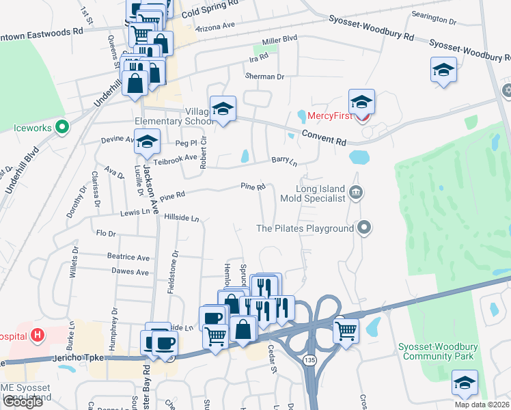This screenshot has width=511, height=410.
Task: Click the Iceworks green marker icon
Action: coord(62,126)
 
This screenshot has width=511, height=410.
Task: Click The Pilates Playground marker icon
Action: coord(365,228)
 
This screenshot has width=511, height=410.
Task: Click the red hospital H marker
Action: coord(38,336)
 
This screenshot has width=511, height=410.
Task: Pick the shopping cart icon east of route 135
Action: coord(346,331)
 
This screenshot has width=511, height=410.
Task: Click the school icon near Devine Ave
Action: coord(146,142)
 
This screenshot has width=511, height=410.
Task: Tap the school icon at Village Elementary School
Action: coord(223,108)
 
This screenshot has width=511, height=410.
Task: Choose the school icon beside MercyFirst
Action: coord(361,102)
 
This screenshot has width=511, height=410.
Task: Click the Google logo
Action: coord(22,402)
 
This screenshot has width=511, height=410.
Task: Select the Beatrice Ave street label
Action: coord(128,257)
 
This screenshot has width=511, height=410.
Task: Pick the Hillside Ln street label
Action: coord(182,218)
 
